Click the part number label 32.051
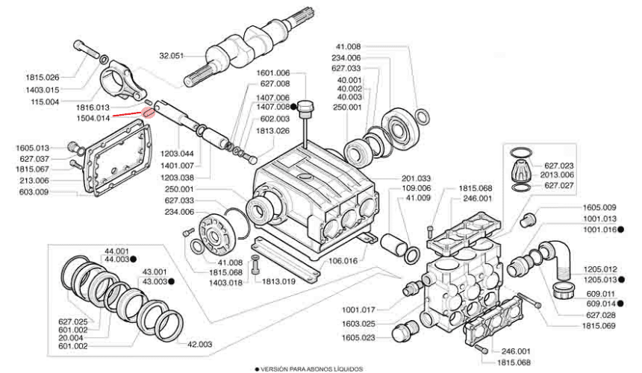click(172, 56)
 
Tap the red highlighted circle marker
click(149, 112)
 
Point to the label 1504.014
click(93, 118)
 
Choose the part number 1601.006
click(273, 73)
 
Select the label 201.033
click(416, 178)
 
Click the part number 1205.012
click(600, 269)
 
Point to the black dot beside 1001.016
click(620, 230)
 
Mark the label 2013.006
click(557, 175)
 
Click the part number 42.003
click(199, 345)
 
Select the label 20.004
click(70, 338)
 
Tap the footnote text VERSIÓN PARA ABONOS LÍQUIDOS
click(311, 369)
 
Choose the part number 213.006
click(34, 181)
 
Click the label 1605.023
click(358, 338)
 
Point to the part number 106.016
click(343, 261)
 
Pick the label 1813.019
click(279, 281)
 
